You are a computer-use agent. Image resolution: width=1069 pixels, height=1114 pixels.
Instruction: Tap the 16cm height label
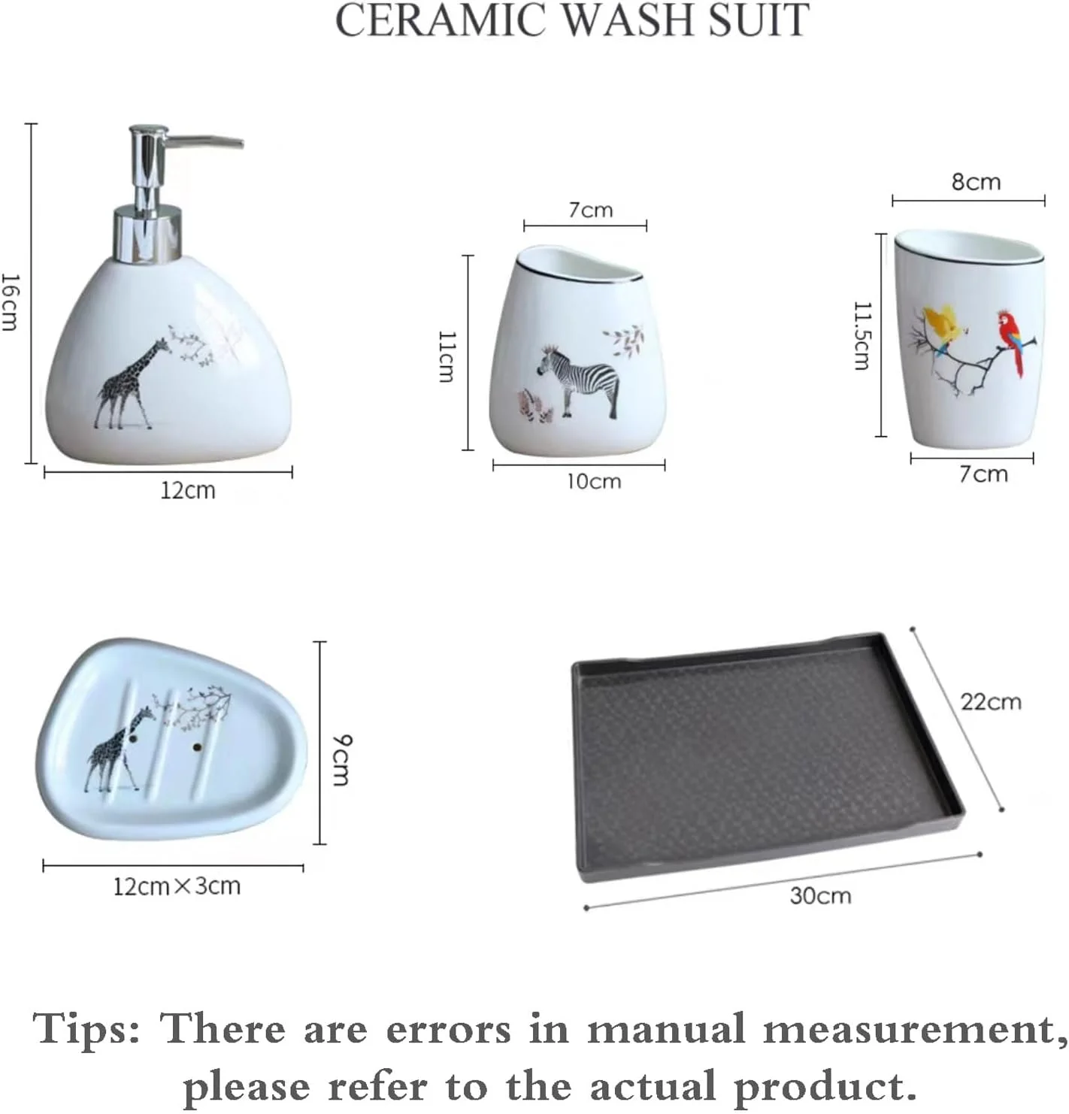pyautogui.click(x=10, y=301)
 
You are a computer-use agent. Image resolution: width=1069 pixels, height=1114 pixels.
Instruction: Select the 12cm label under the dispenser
pyautogui.click(x=188, y=491)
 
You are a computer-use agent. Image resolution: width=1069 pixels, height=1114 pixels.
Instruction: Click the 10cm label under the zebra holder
pyautogui.click(x=594, y=482)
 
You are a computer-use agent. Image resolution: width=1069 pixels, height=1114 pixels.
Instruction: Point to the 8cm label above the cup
pyautogui.click(x=977, y=182)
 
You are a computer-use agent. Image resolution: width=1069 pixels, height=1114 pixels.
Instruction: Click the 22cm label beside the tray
pyautogui.click(x=991, y=702)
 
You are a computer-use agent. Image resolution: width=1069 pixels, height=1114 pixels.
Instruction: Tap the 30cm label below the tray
pyautogui.click(x=820, y=896)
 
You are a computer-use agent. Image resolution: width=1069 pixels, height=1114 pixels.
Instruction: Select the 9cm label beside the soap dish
pyautogui.click(x=341, y=760)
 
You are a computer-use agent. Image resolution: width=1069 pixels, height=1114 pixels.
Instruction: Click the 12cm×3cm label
pyautogui.click(x=177, y=887)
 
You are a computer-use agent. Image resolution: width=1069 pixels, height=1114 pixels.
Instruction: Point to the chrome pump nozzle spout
pyautogui.click(x=206, y=141)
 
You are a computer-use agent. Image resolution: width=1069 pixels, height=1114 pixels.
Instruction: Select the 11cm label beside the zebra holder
pyautogui.click(x=446, y=356)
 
